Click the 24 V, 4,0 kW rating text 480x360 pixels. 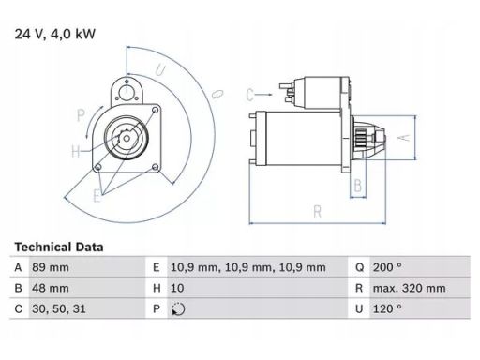[x=55, y=34]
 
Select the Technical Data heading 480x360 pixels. [x=59, y=247]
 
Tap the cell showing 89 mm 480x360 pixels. [x=51, y=267]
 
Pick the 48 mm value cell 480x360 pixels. [x=51, y=288]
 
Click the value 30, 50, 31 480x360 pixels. [x=59, y=309]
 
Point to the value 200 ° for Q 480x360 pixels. [x=387, y=267]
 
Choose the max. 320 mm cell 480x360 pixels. [x=409, y=288]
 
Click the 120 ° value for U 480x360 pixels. [x=387, y=309]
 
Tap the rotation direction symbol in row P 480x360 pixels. [x=178, y=309]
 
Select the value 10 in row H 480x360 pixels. [x=177, y=288]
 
